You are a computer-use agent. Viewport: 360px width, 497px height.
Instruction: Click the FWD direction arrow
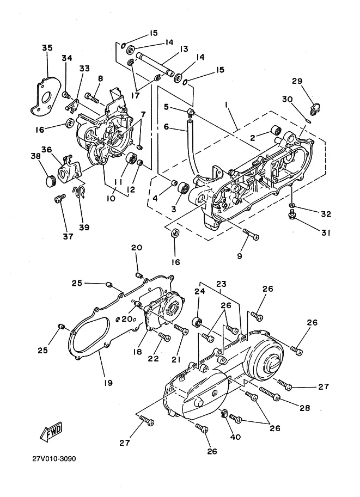(51, 432)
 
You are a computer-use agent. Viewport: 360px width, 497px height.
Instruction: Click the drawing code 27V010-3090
(54, 459)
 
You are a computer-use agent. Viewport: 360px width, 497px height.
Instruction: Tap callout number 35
(47, 48)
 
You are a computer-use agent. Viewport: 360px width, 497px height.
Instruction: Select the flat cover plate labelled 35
(45, 95)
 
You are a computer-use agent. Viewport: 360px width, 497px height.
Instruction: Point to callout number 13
(184, 49)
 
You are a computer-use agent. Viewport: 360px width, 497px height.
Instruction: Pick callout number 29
(297, 81)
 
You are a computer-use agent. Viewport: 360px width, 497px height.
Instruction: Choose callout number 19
(108, 383)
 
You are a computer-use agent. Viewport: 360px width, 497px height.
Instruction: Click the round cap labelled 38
(49, 181)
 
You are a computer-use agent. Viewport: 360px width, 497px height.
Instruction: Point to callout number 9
(240, 256)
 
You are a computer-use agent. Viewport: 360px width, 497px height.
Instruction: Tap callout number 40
(235, 437)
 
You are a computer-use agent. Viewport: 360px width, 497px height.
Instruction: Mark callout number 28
(305, 408)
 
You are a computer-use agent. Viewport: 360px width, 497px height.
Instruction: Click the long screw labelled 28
(270, 394)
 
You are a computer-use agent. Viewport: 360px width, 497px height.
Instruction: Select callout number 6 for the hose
(166, 126)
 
